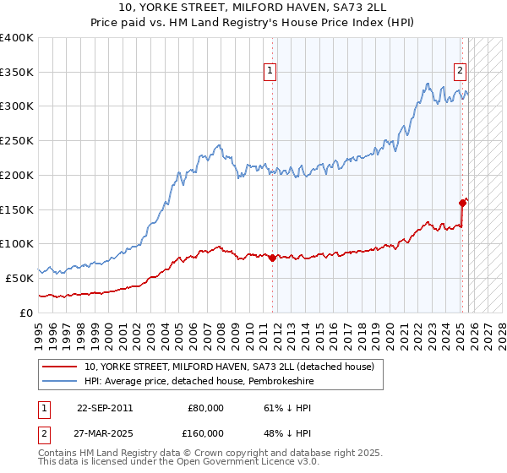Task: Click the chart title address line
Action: [x=253, y=8]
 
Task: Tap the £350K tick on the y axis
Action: [x=17, y=73]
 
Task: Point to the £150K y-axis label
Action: [x=17, y=209]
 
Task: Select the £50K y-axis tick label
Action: [x=20, y=278]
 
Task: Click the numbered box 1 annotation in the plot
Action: [x=270, y=71]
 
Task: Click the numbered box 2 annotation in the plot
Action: [x=461, y=71]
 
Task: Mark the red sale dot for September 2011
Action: [x=272, y=258]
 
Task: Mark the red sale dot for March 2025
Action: [x=462, y=203]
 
